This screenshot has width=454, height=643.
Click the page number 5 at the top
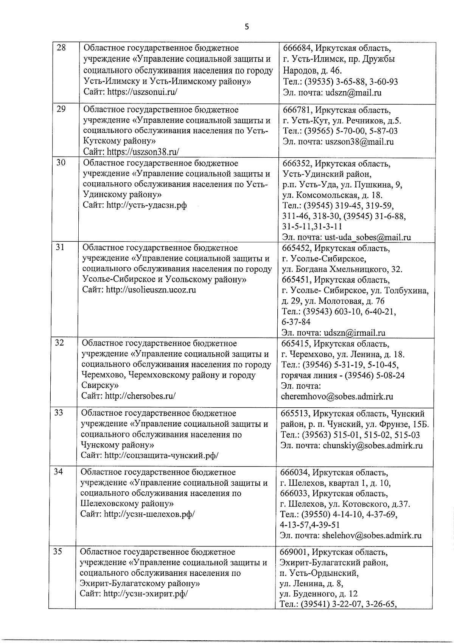coord(247,27)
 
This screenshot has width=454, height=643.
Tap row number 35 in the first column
coord(58,551)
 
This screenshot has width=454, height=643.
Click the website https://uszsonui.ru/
coord(142,92)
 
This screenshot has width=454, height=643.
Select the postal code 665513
coord(294,413)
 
